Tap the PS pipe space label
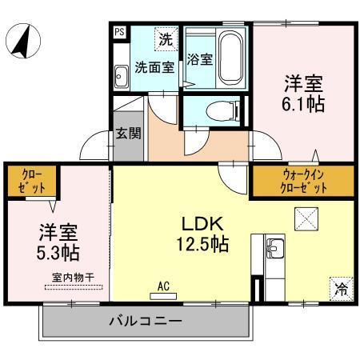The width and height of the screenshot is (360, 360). [119, 32]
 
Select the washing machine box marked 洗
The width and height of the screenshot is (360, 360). [165, 38]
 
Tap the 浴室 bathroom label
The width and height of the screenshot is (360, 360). [199, 60]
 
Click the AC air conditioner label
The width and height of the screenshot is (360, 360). [163, 285]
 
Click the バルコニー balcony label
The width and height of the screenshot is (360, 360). [146, 322]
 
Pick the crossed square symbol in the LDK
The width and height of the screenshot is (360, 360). [306, 217]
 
